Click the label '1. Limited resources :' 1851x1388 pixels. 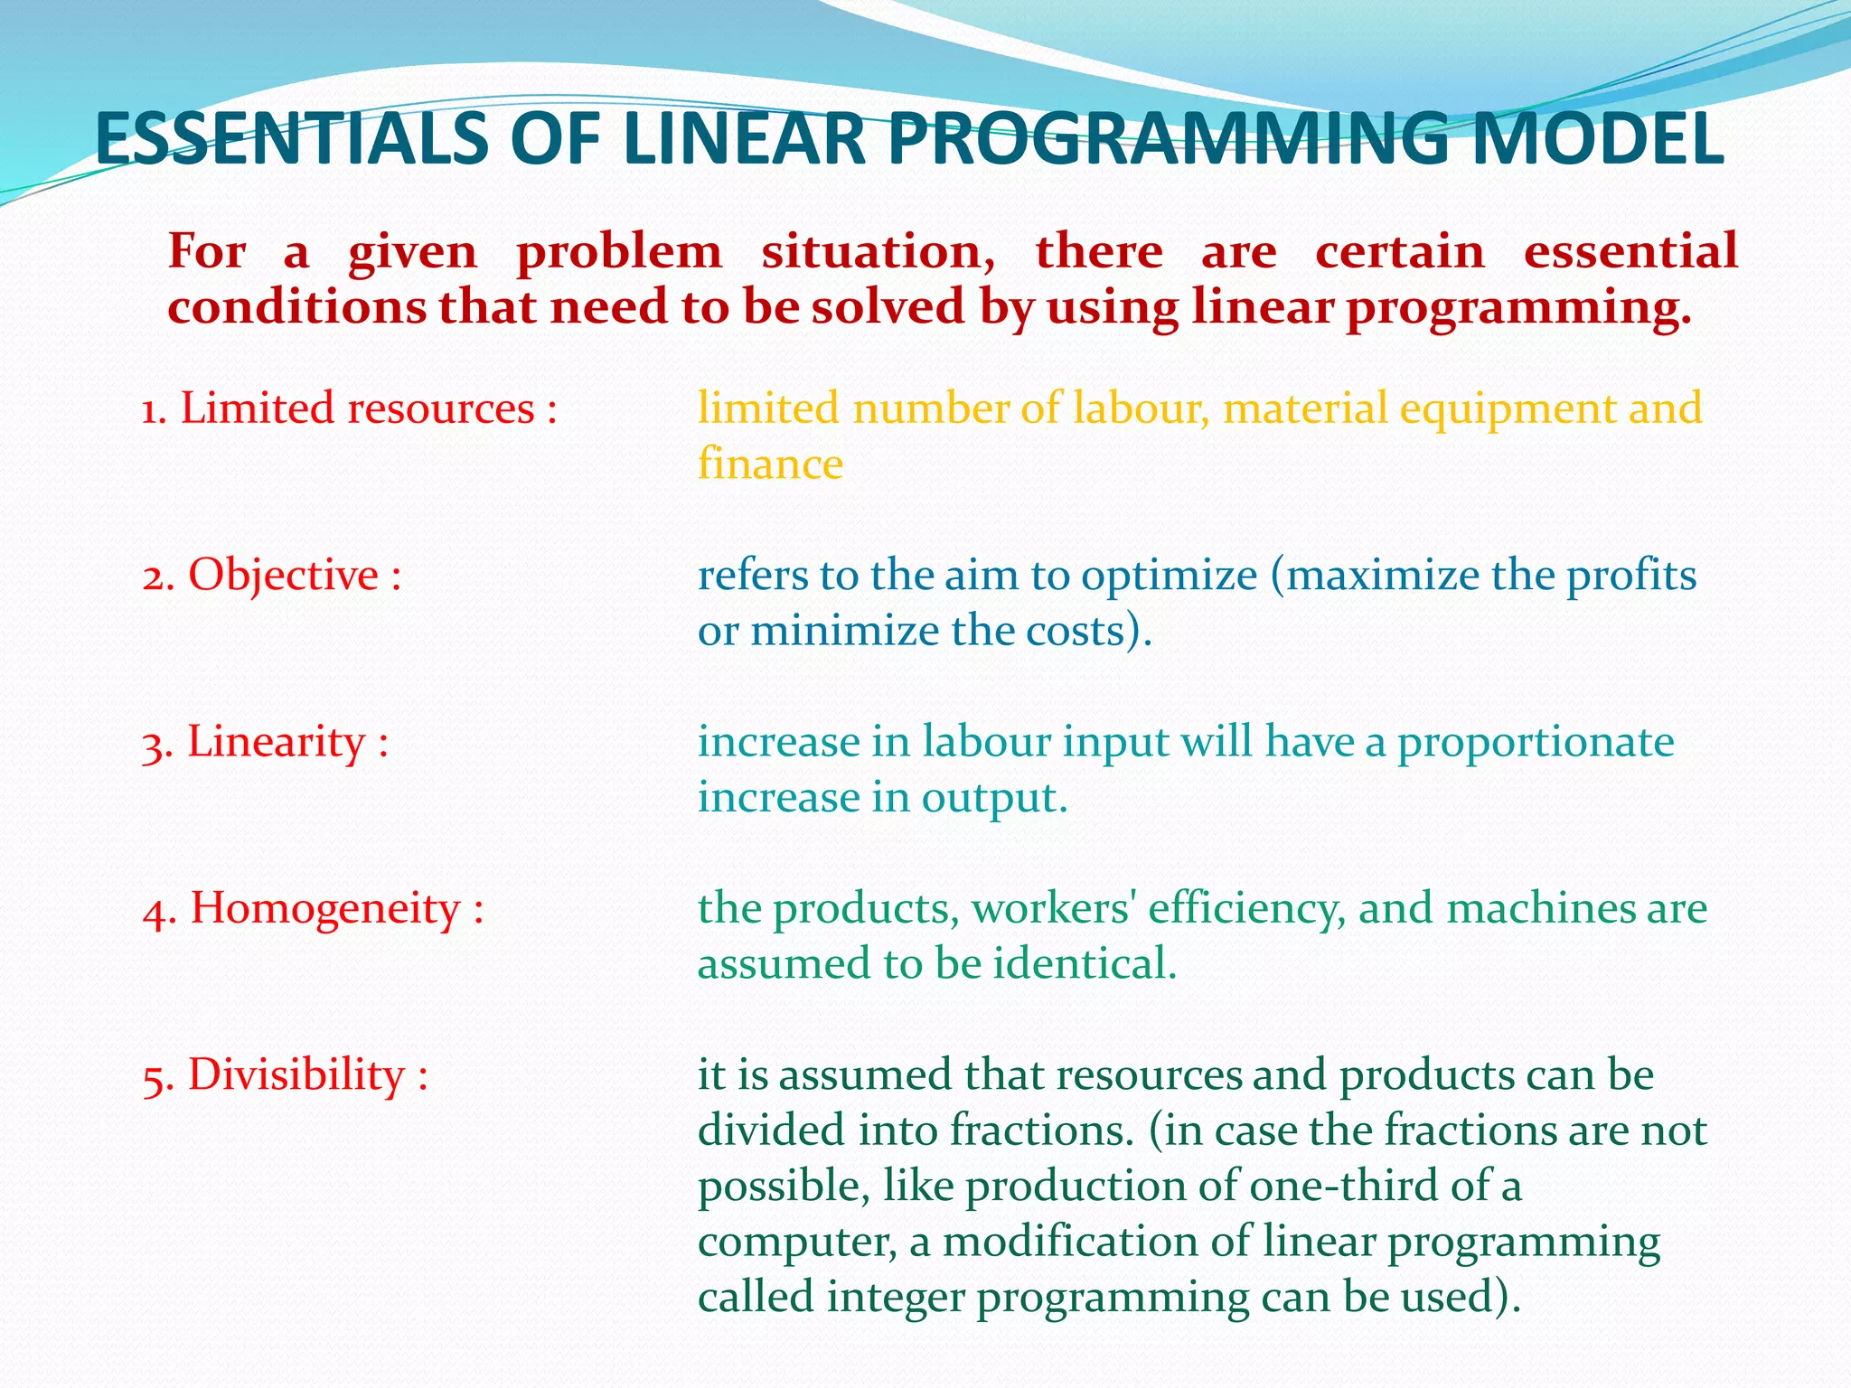tap(349, 408)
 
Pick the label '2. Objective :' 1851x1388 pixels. tap(272, 575)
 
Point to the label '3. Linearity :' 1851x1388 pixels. tap(265, 742)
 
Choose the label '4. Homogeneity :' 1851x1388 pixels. tap(313, 908)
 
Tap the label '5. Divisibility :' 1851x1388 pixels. tap(285, 1075)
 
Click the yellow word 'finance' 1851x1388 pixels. tap(770, 464)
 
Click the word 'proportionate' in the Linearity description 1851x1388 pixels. tap(1536, 743)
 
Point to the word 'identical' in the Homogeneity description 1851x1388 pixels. tap(1084, 963)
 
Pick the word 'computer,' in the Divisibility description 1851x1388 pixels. tap(797, 1243)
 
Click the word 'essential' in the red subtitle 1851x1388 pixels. tap(1630, 251)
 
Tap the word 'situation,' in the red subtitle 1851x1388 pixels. tap(878, 251)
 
